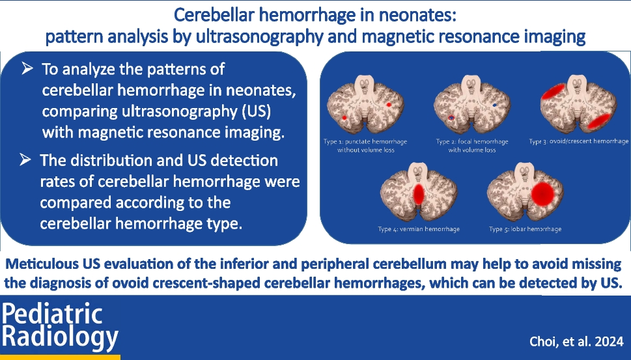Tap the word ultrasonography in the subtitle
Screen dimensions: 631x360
click(260, 37)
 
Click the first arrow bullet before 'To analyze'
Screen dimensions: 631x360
click(27, 69)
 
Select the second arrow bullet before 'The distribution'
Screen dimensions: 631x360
click(25, 159)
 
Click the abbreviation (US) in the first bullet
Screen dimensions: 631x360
click(257, 111)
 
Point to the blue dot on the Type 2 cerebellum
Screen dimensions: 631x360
click(495, 105)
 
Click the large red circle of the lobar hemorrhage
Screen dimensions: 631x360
click(543, 194)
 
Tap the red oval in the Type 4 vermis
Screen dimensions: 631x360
click(419, 194)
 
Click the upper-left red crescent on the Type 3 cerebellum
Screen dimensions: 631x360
click(554, 92)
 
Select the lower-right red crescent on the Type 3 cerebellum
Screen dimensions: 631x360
click(598, 121)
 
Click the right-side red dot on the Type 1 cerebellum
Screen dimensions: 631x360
click(388, 105)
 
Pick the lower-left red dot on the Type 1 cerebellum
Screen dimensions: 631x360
click(344, 118)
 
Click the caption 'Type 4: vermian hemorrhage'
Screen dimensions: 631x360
click(419, 229)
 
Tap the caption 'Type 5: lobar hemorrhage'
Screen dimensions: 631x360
click(525, 229)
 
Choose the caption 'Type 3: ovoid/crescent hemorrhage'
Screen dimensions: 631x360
click(579, 141)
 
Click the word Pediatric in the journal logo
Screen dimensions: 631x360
click(52, 314)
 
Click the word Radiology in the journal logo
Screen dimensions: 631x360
click(61, 337)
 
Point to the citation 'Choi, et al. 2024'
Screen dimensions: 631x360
click(576, 342)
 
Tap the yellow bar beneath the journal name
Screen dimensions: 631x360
click(60, 357)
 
